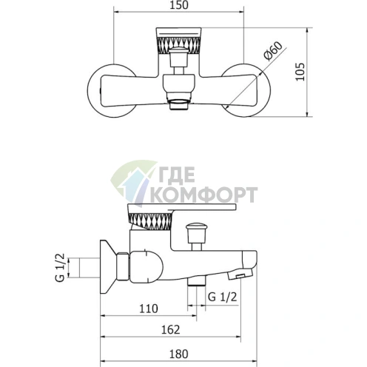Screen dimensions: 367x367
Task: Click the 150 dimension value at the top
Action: [x=179, y=5]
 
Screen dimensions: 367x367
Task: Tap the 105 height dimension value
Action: [x=300, y=72]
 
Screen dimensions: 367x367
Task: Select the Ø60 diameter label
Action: [x=273, y=51]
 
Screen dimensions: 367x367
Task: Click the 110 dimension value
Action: [x=149, y=309]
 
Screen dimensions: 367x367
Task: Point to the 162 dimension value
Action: [x=171, y=330]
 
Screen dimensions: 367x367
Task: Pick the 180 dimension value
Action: [x=178, y=354]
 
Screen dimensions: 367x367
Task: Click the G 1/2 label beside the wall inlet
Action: [x=60, y=267]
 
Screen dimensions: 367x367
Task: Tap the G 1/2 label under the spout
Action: [x=223, y=297]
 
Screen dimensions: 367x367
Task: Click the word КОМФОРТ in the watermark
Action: [x=204, y=195]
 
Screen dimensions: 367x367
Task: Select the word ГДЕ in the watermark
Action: [x=176, y=175]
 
